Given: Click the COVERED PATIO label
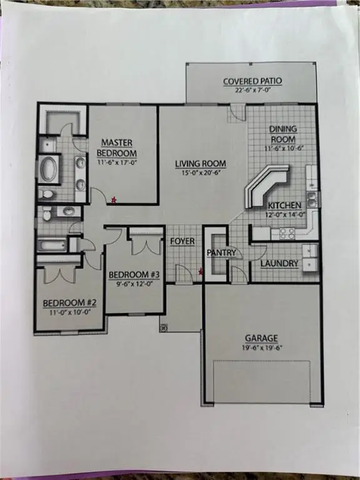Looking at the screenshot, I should pyautogui.click(x=252, y=81).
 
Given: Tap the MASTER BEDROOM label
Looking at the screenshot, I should pyautogui.click(x=119, y=147).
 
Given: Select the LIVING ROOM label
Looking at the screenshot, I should pyautogui.click(x=200, y=164).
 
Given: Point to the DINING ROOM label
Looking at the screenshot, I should pyautogui.click(x=282, y=133).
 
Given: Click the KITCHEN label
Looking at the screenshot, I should pyautogui.click(x=285, y=205).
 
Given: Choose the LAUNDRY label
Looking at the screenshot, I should pyautogui.click(x=279, y=263).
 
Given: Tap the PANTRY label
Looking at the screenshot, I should pyautogui.click(x=221, y=252).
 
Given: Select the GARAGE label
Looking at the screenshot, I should pyautogui.click(x=261, y=338).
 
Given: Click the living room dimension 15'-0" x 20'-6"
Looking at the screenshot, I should pyautogui.click(x=200, y=174).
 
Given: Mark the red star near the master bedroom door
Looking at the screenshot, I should pyautogui.click(x=113, y=200).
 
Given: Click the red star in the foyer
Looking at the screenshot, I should pyautogui.click(x=200, y=271).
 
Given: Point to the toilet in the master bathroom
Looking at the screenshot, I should pyautogui.click(x=47, y=194).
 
